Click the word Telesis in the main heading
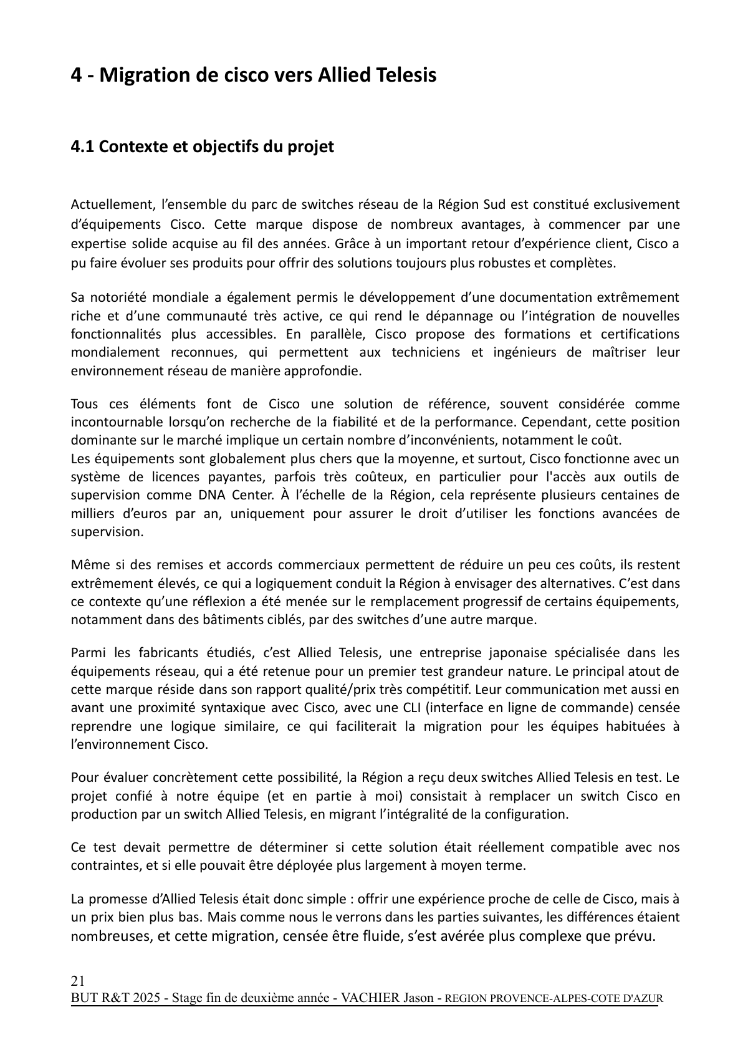405,75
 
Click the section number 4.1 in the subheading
82,147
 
